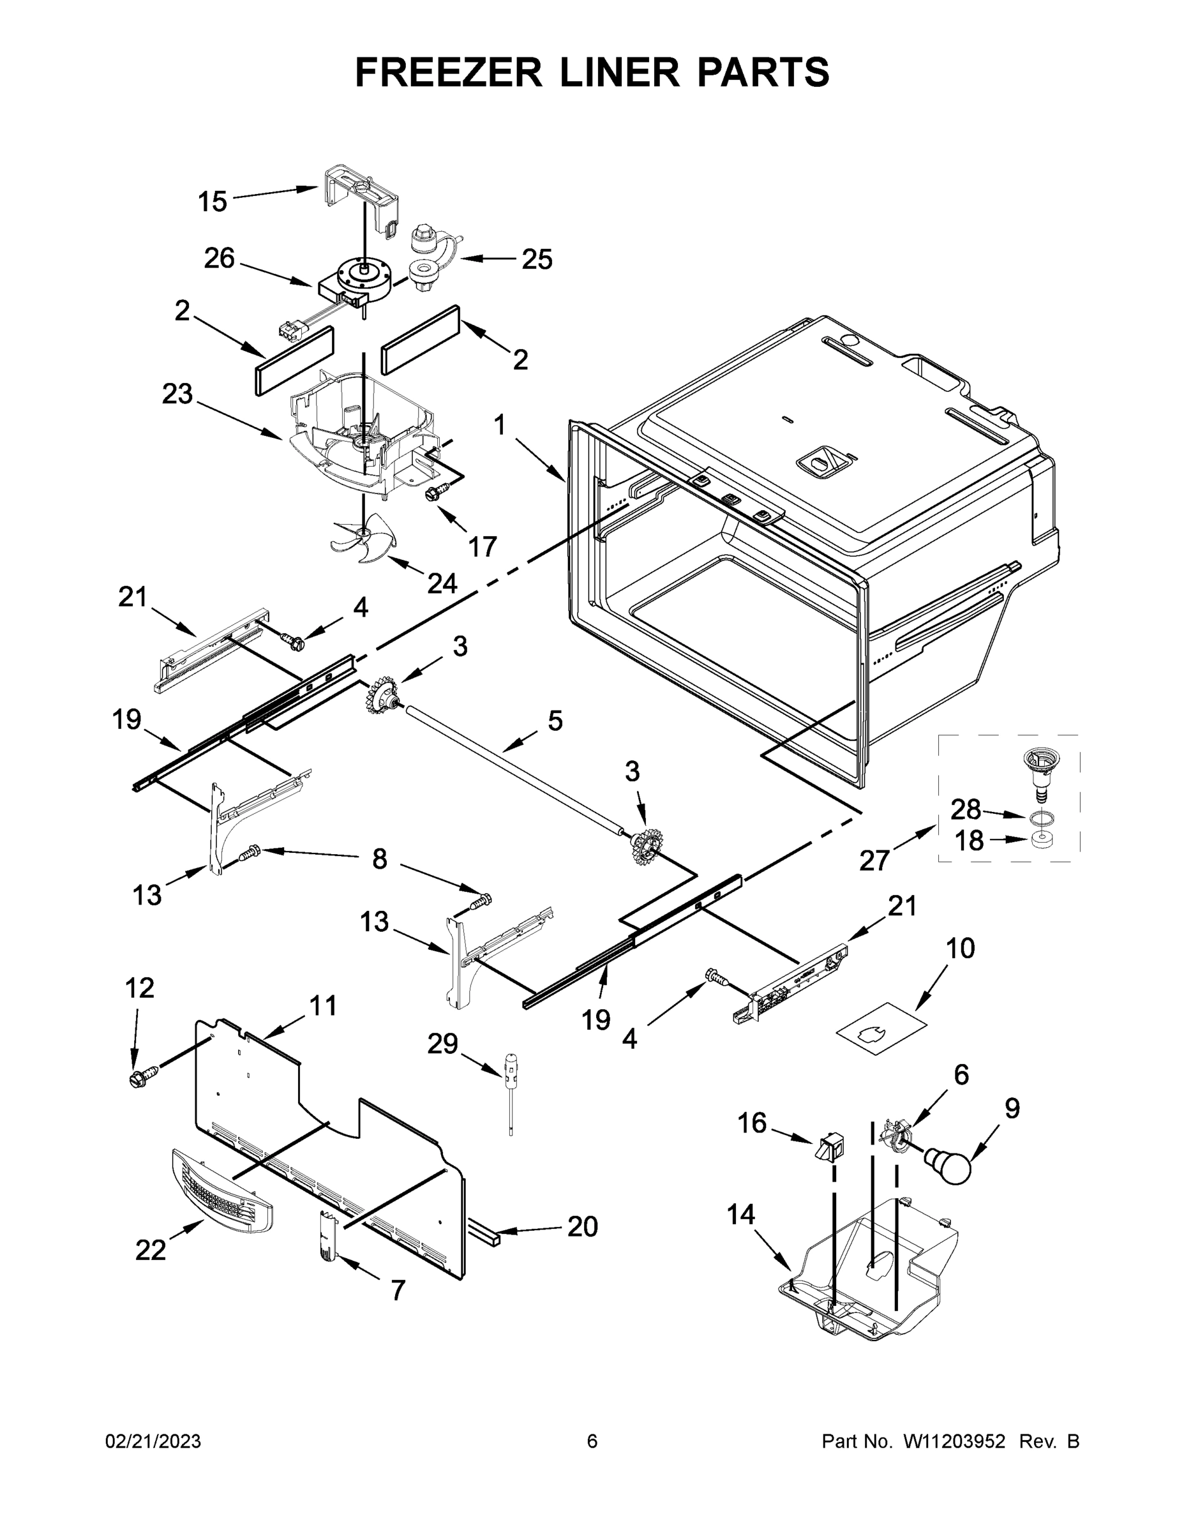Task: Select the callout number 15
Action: tap(213, 202)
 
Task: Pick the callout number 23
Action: tap(177, 394)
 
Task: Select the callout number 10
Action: tap(960, 949)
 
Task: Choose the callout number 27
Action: tap(874, 860)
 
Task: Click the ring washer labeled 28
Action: tap(1041, 817)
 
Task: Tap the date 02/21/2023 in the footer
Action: tap(153, 1441)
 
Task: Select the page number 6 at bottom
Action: tap(592, 1441)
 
